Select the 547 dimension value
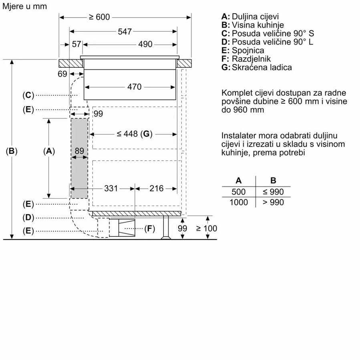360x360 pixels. coord(125,32)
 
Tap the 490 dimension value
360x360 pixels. coord(145,44)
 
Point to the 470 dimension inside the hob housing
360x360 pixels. coord(135,86)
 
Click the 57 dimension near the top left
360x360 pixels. coord(76,44)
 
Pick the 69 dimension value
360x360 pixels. coord(62,74)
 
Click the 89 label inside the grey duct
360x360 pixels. coord(79,151)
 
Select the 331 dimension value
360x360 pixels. coord(111,188)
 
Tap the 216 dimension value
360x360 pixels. coord(156,188)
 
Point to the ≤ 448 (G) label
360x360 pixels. coord(135,134)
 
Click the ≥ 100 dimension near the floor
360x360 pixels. coord(207,228)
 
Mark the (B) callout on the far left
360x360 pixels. coord(12,151)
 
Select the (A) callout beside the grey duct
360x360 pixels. coord(48,151)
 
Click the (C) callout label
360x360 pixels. coord(28,95)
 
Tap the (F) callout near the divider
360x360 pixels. coord(149,229)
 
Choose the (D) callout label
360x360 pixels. coord(28,217)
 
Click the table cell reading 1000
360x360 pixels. coord(239,202)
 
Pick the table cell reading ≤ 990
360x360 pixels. coord(273,192)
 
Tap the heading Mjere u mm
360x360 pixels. coord(24,6)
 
